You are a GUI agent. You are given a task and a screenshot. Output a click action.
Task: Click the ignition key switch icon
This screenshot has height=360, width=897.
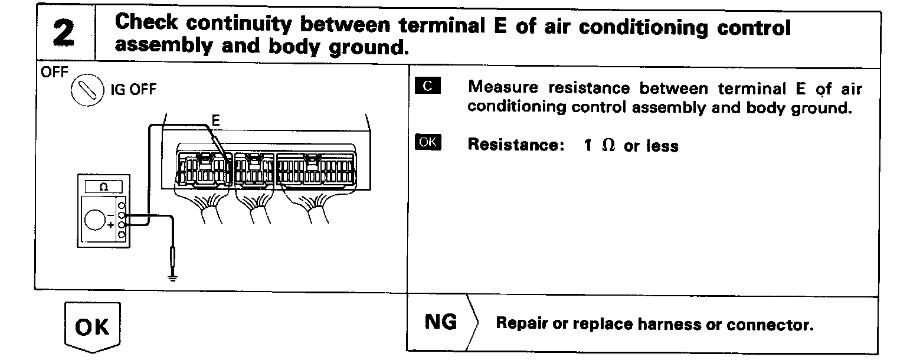tap(86, 93)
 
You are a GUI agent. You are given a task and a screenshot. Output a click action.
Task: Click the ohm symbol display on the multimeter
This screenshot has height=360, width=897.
tap(104, 187)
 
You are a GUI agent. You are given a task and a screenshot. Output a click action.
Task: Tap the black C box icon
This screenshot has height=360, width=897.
tap(427, 87)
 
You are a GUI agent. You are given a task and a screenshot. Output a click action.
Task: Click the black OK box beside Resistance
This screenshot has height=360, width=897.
tap(428, 143)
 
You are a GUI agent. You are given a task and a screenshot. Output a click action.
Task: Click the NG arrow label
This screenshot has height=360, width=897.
tap(441, 323)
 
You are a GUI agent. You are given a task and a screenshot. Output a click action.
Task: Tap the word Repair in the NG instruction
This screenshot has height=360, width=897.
tap(520, 324)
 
